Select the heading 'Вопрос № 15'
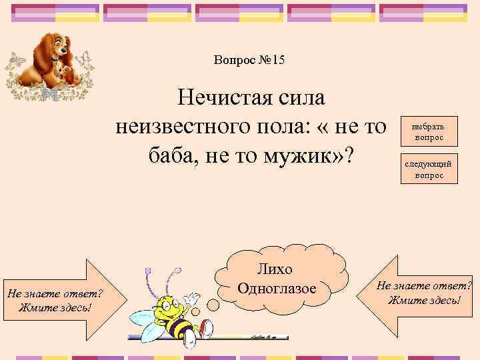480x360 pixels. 249,61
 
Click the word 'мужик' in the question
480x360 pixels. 303,155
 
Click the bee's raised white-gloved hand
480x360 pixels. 193,297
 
